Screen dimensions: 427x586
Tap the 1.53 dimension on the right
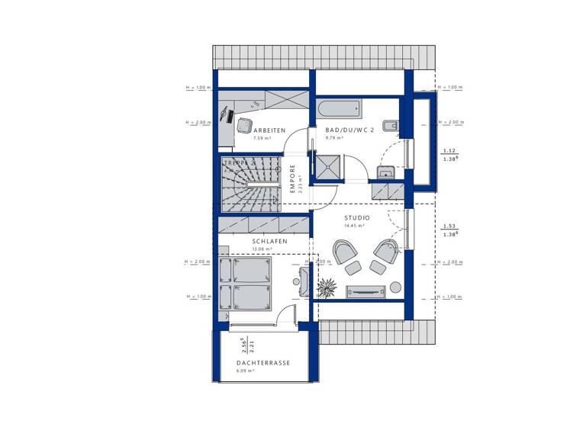pyautogui.click(x=449, y=226)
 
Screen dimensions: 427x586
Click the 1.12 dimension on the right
pyautogui.click(x=449, y=151)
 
